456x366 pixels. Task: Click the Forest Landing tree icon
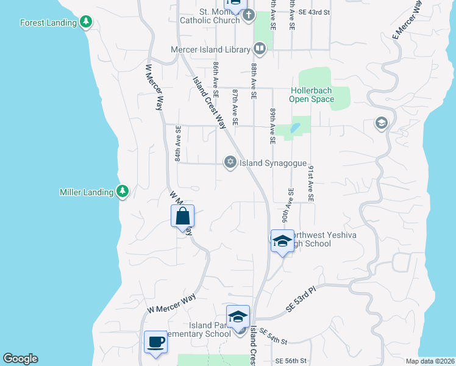[87, 23]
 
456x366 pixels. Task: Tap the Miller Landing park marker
[123, 192]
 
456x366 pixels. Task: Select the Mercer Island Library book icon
[259, 48]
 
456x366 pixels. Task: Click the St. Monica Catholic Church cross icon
[248, 16]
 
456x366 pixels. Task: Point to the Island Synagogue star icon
[230, 162]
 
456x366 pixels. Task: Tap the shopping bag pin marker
[183, 217]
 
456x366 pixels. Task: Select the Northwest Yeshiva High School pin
[282, 241]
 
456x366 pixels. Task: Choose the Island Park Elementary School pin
[238, 317]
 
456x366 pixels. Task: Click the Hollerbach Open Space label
[312, 95]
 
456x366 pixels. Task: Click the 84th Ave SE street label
[178, 144]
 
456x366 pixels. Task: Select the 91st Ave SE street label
[310, 183]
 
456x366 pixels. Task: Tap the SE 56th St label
[290, 361]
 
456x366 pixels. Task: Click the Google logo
[20, 359]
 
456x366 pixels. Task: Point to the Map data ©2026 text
[429, 361]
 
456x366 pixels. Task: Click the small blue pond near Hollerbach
[295, 128]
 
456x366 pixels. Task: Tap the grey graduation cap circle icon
[382, 124]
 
